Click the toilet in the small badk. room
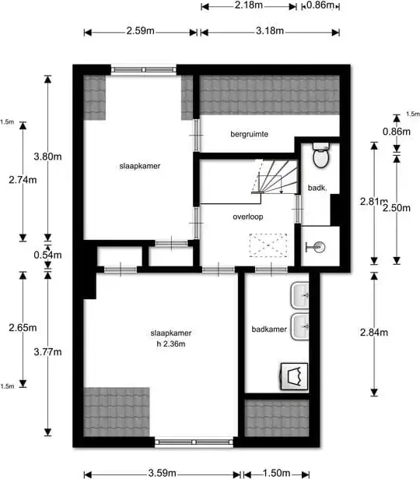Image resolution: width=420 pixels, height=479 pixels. coord(321,155)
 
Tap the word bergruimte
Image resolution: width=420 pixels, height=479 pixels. coord(249,134)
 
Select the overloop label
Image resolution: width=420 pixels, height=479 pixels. coord(247,217)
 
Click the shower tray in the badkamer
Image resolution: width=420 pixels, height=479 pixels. coord(294,376)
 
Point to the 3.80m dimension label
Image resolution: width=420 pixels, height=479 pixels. coord(47,157)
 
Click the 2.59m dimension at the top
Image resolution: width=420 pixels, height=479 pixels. coord(140,31)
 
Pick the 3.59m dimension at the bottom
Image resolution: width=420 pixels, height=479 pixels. coord(163,474)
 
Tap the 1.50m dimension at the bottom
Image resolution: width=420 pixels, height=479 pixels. coord(276,474)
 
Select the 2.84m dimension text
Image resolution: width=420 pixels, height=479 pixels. coord(374,333)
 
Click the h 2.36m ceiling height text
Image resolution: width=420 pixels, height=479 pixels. coord(171,344)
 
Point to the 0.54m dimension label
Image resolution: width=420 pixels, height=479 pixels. coord(47,255)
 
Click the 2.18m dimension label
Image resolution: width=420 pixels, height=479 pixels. coord(249,5)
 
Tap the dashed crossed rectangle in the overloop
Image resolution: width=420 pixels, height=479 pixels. coord(268,245)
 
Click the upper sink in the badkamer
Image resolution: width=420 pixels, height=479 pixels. coord(299,295)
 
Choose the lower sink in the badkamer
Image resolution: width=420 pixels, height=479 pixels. coord(299,327)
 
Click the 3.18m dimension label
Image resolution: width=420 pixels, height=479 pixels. coord(270,31)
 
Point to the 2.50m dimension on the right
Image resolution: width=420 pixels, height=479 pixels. coord(397,208)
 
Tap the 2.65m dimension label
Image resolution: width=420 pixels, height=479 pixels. coord(23,328)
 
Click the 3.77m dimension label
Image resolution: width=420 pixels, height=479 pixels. coord(47,352)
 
